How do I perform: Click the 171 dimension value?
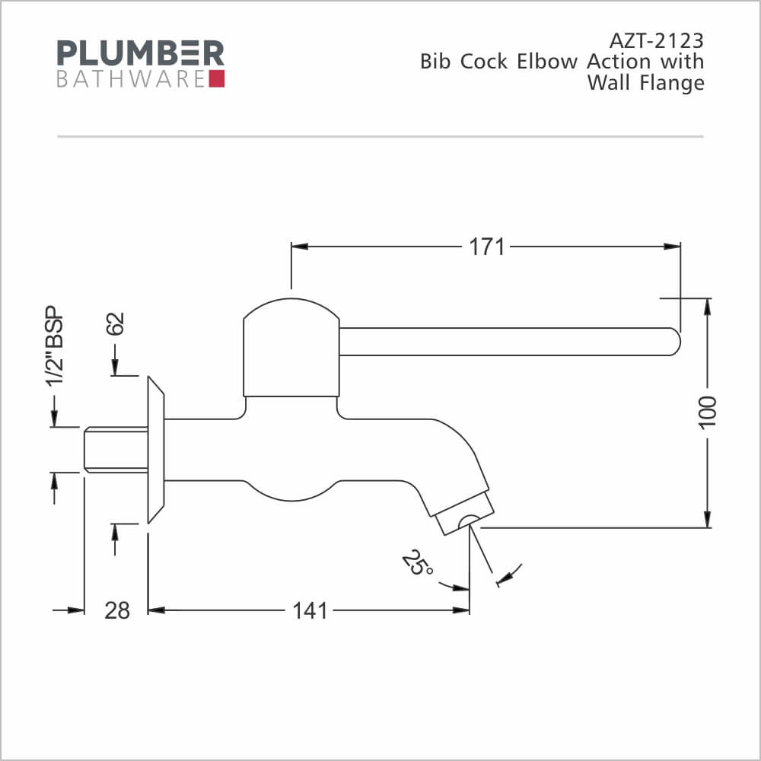point(487,247)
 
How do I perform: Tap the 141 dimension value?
point(310,610)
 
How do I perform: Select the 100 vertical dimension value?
point(708,412)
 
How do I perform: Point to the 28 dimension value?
point(117,610)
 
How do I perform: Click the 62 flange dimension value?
point(116,323)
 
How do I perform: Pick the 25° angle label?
point(417,563)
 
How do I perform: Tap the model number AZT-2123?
point(656,41)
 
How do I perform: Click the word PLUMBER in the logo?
point(140,53)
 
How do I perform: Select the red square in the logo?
point(217,78)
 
